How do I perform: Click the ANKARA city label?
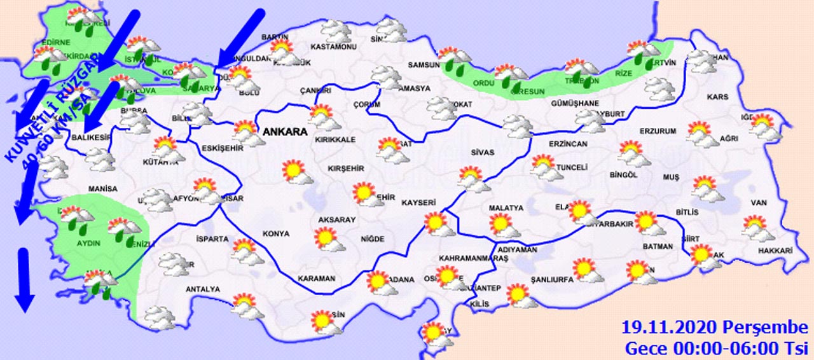(x=284, y=132)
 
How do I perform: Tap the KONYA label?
(x=277, y=233)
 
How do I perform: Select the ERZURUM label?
(x=638, y=130)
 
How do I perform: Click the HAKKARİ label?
(x=775, y=252)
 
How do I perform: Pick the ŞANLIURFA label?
(x=551, y=279)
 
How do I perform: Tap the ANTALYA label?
(x=202, y=289)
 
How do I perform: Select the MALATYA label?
(x=506, y=208)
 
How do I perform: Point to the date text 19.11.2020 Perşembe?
(x=714, y=328)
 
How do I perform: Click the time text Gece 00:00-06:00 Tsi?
(x=716, y=349)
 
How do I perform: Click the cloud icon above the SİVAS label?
(x=519, y=127)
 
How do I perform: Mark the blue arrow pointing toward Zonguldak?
(x=240, y=36)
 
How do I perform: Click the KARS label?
(x=717, y=97)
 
